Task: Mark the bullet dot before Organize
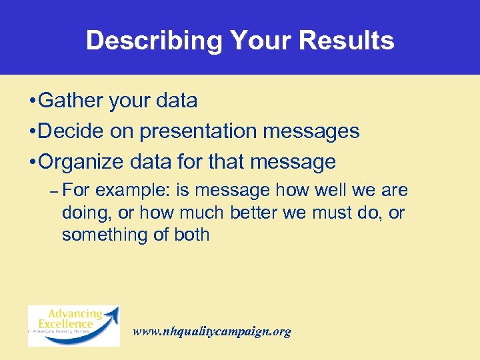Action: pyautogui.click(x=32, y=163)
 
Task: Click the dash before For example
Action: pyautogui.click(x=53, y=191)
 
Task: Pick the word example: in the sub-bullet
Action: pyautogui.click(x=134, y=191)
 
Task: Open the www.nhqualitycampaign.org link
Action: pyautogui.click(x=212, y=331)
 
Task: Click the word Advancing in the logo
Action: pyautogui.click(x=75, y=314)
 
